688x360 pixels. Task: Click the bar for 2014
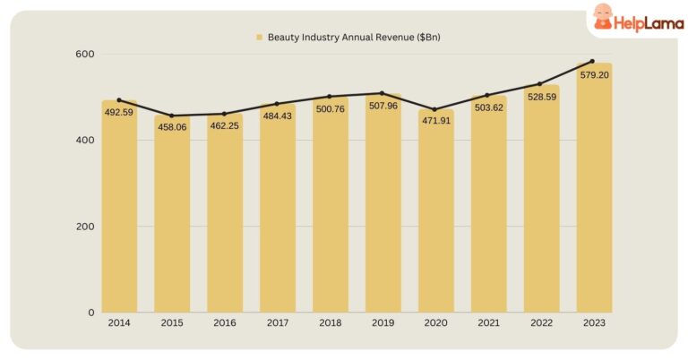[x=119, y=210]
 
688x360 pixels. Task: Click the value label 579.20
[x=594, y=75]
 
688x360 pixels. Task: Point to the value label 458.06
[x=172, y=127]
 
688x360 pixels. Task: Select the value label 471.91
[x=435, y=121]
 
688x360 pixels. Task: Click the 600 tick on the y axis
[x=86, y=55]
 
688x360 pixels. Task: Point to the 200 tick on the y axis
[x=86, y=227]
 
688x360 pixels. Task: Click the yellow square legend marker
[x=259, y=37]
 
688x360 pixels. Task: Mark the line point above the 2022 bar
[x=540, y=84]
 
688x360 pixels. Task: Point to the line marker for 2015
[x=172, y=116]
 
